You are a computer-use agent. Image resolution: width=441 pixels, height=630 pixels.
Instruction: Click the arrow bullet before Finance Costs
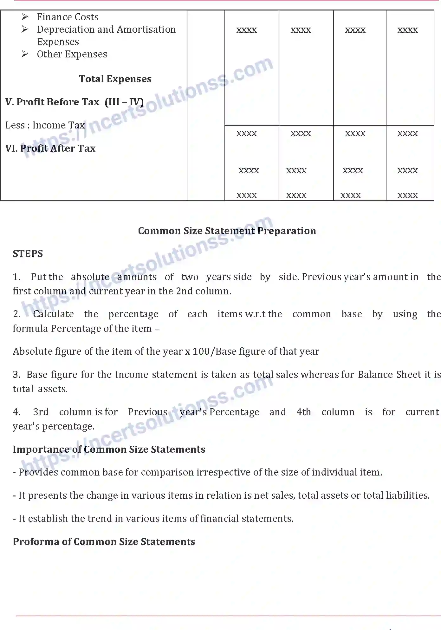click(x=25, y=16)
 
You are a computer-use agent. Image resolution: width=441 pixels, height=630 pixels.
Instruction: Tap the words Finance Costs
click(x=68, y=17)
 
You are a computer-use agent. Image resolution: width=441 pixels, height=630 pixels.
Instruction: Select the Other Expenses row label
click(x=72, y=54)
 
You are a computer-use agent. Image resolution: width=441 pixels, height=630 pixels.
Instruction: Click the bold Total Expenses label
click(x=115, y=79)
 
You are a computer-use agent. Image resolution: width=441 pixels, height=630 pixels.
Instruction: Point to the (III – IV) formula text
click(x=124, y=102)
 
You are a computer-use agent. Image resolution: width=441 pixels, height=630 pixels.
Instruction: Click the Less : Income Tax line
click(x=45, y=125)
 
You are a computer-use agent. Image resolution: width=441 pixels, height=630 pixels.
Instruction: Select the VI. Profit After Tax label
click(x=50, y=148)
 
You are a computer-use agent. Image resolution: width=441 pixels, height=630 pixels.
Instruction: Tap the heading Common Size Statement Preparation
click(x=227, y=231)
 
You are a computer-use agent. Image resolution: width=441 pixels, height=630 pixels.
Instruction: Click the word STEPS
click(x=28, y=253)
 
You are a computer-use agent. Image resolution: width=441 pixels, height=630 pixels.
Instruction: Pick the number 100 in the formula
click(x=201, y=351)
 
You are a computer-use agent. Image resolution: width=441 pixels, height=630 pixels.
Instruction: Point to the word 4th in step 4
click(x=304, y=412)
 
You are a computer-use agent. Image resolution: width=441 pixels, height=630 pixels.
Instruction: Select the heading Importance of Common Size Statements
click(x=109, y=449)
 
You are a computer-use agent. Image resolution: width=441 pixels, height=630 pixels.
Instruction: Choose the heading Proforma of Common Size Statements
click(x=104, y=541)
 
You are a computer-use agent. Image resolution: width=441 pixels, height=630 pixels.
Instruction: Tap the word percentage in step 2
click(x=133, y=314)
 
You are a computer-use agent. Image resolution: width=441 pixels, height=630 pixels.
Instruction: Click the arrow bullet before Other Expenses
click(x=25, y=54)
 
